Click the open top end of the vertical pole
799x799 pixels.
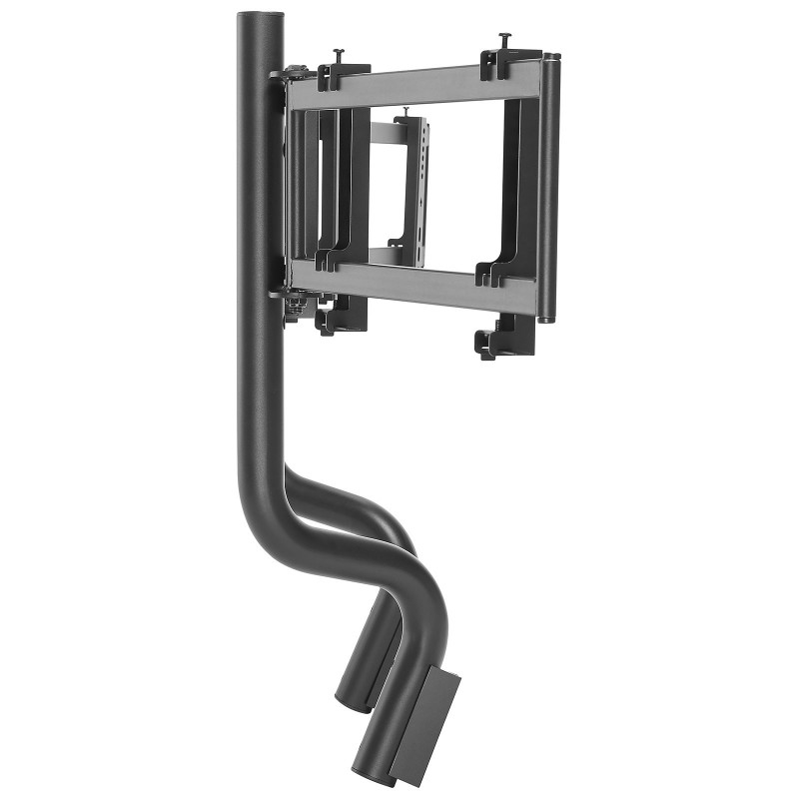pos(260,17)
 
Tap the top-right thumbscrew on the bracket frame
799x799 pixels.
pos(504,37)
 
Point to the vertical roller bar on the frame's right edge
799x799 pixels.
pos(548,190)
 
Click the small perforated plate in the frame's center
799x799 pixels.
pos(412,190)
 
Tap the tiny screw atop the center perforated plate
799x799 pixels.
pos(406,111)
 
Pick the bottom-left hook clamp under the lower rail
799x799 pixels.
pos(339,317)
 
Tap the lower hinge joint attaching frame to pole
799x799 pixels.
pos(291,298)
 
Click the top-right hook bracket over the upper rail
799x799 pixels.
pos(507,62)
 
